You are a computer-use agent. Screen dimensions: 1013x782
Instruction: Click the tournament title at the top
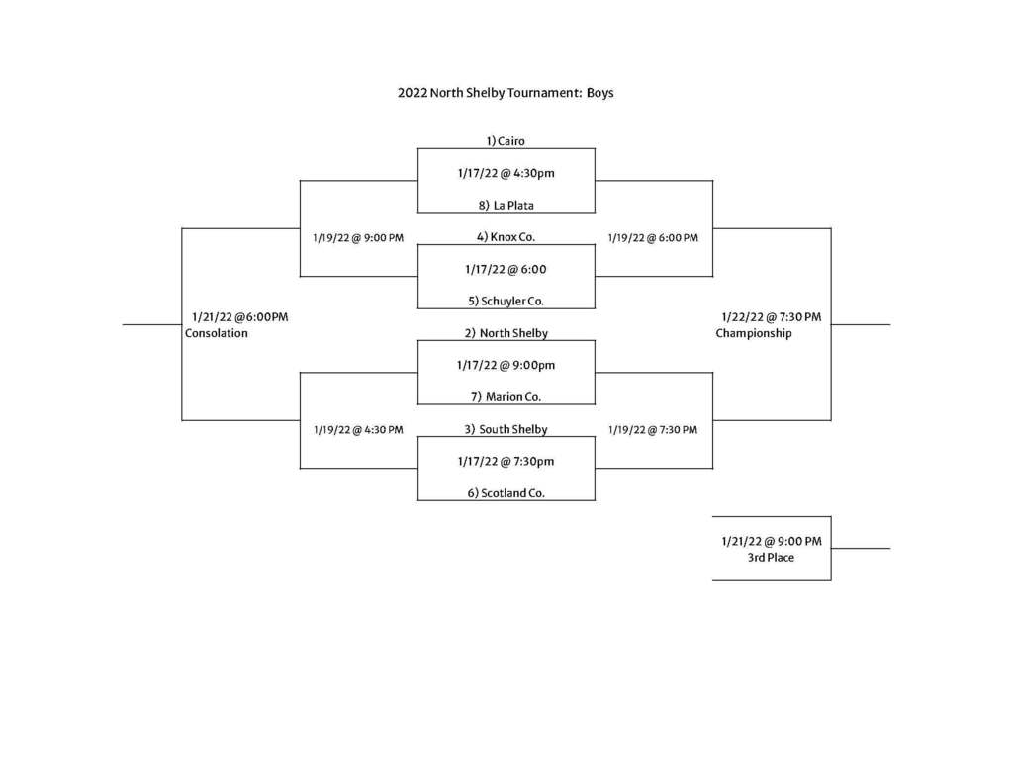506,93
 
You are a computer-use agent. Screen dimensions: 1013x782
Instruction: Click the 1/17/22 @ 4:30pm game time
506,173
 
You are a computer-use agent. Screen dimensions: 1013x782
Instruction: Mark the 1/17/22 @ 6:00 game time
506,269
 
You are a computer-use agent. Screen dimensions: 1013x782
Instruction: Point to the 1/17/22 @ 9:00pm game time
506,366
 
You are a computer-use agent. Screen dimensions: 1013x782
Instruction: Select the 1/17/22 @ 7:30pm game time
506,461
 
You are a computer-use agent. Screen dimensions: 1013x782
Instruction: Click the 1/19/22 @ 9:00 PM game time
358,238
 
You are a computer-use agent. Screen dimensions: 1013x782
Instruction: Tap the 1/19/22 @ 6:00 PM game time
653,238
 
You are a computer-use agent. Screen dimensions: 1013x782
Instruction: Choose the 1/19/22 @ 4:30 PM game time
358,430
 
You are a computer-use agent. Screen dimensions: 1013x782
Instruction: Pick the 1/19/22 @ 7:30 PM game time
653,430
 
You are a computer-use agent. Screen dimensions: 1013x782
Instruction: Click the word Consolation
217,333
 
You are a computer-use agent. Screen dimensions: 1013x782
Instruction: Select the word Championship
753,333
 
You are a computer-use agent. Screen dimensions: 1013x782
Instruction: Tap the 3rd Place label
771,558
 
